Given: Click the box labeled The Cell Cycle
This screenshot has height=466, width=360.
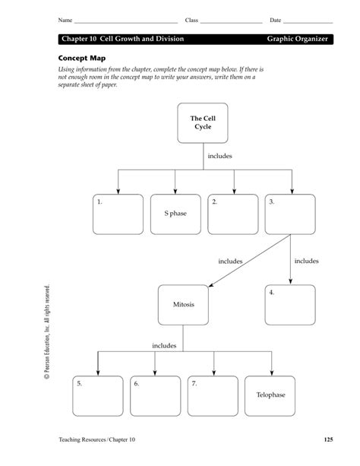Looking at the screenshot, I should click(202, 123).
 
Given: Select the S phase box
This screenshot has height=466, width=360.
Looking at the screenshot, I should click(175, 214).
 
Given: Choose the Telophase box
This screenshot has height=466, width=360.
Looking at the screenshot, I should click(269, 395).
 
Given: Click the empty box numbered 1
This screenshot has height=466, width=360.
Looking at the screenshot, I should click(118, 214).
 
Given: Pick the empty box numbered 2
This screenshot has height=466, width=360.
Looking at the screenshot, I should click(232, 214).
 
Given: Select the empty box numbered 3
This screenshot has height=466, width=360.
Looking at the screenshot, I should click(290, 214).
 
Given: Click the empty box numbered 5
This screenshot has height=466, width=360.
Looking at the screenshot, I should click(97, 395).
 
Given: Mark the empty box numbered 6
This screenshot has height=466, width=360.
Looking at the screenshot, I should click(154, 395).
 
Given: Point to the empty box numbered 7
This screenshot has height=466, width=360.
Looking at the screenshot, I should click(212, 395).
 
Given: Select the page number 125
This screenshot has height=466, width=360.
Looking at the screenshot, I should click(327, 439).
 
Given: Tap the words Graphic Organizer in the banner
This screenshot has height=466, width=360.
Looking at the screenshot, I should click(298, 38).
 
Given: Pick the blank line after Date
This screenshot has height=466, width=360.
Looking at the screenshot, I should click(308, 21).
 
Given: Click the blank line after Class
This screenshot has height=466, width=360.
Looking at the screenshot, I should click(229, 21).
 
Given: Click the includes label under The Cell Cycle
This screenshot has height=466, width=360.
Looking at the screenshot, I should click(220, 156).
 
